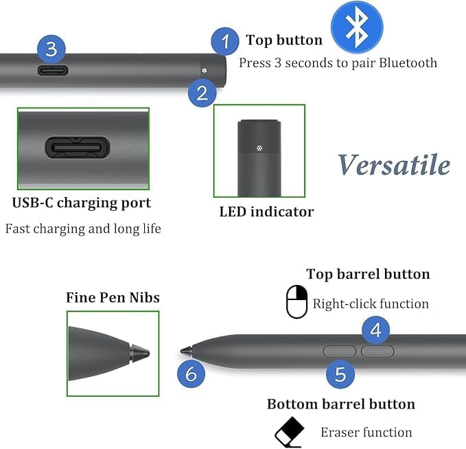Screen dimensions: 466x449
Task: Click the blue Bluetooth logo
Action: pyautogui.click(x=357, y=27)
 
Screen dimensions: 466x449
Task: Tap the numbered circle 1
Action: pyautogui.click(x=225, y=41)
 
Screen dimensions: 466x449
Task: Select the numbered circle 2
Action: pyautogui.click(x=202, y=93)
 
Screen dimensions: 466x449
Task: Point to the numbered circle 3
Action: pyautogui.click(x=51, y=49)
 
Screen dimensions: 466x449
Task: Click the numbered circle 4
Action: pyautogui.click(x=375, y=330)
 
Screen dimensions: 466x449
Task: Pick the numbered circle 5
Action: pyautogui.click(x=340, y=374)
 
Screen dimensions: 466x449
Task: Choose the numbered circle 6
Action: pyautogui.click(x=191, y=373)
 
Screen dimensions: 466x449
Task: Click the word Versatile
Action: pyautogui.click(x=394, y=165)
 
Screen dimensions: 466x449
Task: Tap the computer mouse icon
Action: pyautogui.click(x=296, y=302)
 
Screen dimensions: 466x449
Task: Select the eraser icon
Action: pyautogui.click(x=289, y=432)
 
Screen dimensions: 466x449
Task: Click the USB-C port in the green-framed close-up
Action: pyautogui.click(x=78, y=147)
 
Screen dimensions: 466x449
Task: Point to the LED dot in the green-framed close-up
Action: pyautogui.click(x=259, y=148)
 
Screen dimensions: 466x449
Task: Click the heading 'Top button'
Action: pyautogui.click(x=284, y=40)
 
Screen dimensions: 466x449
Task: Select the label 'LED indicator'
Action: pyautogui.click(x=266, y=211)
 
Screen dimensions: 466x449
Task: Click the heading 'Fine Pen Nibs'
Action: pyautogui.click(x=113, y=297)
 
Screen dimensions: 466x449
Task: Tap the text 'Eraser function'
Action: pyautogui.click(x=366, y=433)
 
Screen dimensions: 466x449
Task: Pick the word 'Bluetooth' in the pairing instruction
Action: pyautogui.click(x=408, y=63)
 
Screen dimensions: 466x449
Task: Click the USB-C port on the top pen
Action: pyautogui.click(x=53, y=71)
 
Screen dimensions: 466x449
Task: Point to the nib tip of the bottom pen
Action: pyautogui.click(x=181, y=352)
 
